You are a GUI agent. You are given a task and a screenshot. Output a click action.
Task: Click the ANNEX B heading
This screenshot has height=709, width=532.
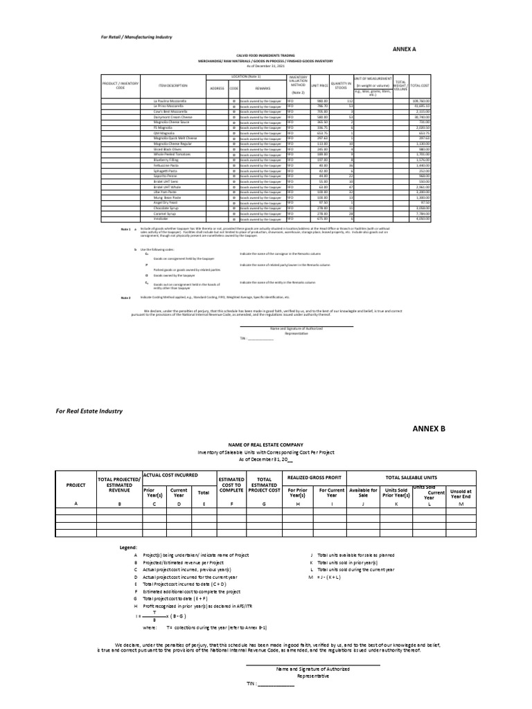point(429,429)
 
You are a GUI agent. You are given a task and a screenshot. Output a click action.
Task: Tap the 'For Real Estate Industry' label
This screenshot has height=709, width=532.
point(89,411)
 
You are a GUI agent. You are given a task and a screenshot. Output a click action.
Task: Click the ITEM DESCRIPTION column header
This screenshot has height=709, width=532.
point(172,86)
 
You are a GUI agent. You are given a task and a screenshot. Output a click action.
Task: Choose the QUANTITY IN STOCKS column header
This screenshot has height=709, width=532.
point(342,86)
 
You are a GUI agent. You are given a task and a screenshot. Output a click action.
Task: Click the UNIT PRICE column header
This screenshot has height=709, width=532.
point(319,86)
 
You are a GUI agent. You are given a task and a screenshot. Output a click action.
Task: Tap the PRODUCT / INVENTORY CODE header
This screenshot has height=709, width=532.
point(121,86)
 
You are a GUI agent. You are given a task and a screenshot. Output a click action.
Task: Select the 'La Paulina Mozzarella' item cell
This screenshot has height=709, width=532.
point(169,101)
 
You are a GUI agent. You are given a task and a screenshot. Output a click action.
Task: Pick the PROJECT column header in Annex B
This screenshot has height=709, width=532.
point(76,485)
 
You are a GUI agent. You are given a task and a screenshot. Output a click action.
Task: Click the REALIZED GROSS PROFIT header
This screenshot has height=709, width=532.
point(311,478)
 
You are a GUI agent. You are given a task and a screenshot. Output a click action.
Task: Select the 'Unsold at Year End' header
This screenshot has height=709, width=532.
point(461,494)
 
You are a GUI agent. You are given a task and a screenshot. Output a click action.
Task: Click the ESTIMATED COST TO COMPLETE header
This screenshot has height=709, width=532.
point(231,486)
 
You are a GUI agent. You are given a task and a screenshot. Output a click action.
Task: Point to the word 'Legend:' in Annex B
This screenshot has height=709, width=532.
point(128,548)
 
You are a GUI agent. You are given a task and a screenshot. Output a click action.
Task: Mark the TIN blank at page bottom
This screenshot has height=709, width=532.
point(276,684)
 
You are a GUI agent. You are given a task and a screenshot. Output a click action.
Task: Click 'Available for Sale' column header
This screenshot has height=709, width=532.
point(363,494)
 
